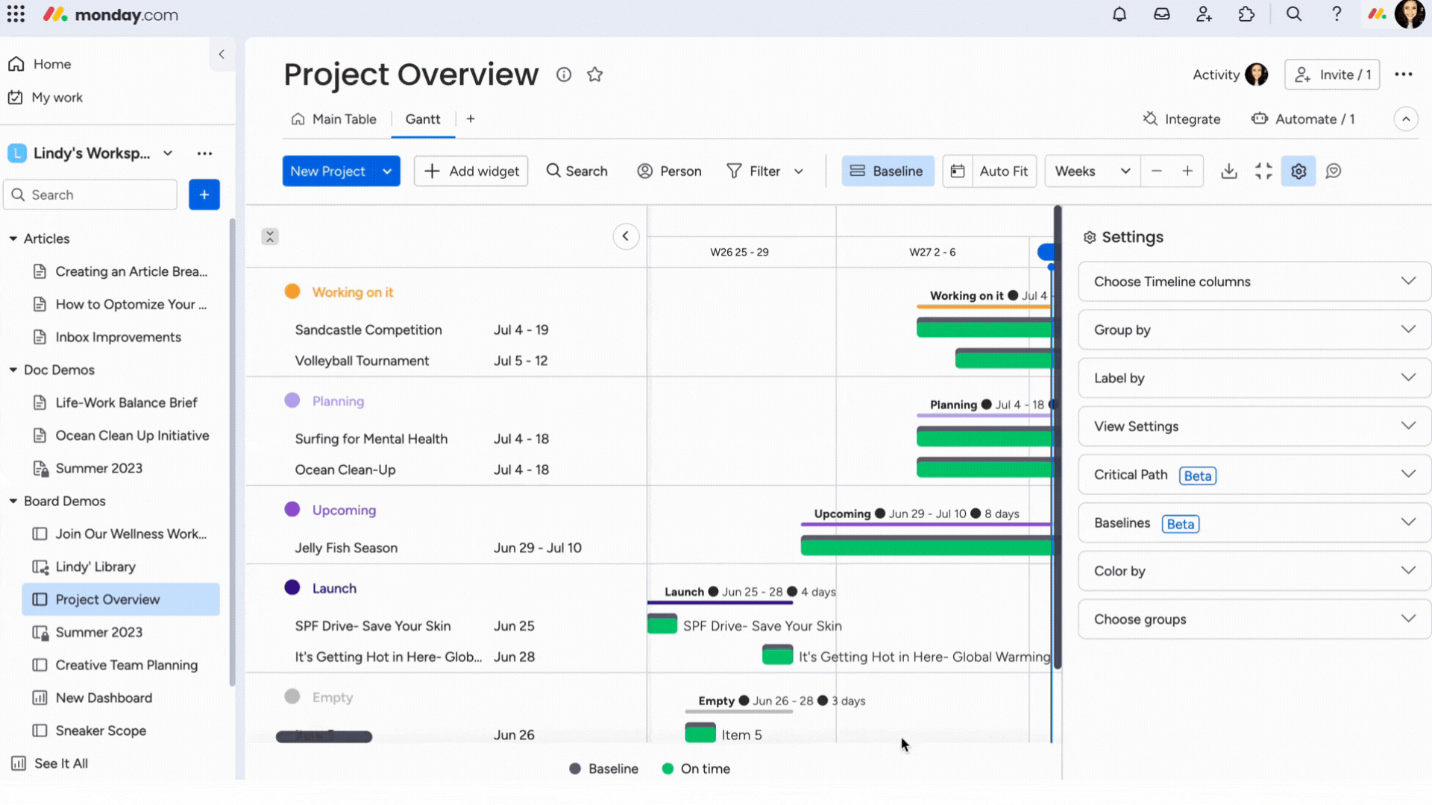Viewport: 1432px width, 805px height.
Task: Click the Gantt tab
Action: (x=423, y=119)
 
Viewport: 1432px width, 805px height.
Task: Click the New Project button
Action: (x=328, y=171)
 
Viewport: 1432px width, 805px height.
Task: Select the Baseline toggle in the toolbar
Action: (x=888, y=171)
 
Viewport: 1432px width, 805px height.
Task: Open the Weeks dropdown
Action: (x=1092, y=171)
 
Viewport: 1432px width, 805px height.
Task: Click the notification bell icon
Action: (x=1119, y=14)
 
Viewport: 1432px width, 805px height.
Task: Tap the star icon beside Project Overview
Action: (x=594, y=75)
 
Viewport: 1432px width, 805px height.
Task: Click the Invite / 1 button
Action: (x=1332, y=75)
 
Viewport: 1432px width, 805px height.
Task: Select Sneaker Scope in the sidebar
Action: (x=101, y=730)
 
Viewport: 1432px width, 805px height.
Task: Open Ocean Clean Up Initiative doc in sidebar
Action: (x=132, y=435)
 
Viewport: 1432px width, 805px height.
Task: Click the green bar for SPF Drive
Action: (x=662, y=625)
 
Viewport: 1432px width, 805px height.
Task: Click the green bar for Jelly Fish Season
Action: (x=925, y=546)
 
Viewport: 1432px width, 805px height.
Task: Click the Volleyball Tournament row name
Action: (x=362, y=361)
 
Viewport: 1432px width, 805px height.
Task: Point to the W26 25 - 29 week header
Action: (x=739, y=252)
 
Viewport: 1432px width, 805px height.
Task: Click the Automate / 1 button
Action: (x=1304, y=119)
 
